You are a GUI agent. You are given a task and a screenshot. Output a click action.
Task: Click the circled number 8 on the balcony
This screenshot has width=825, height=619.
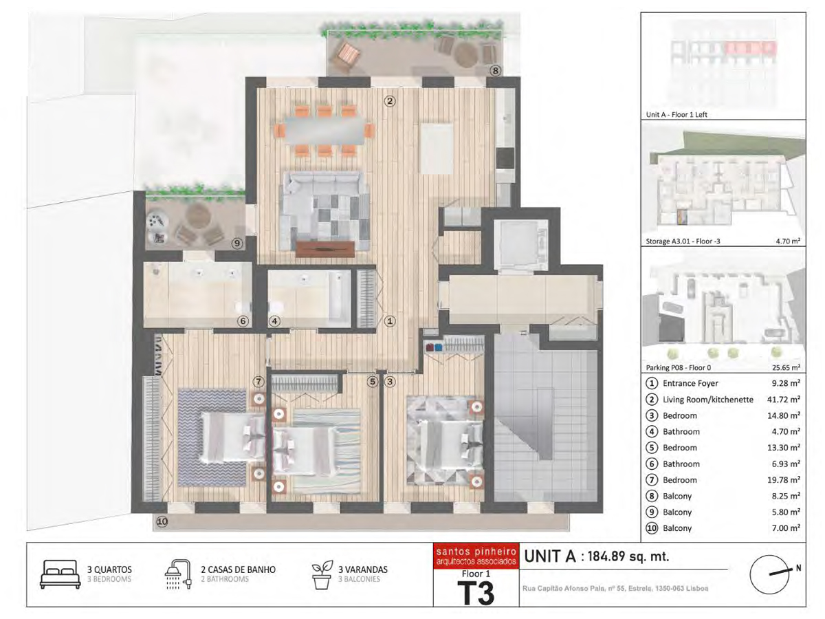pyautogui.click(x=496, y=70)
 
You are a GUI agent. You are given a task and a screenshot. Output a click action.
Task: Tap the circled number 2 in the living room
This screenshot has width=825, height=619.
pyautogui.click(x=389, y=100)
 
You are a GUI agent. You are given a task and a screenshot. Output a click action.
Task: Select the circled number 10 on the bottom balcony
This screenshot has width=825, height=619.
pyautogui.click(x=162, y=521)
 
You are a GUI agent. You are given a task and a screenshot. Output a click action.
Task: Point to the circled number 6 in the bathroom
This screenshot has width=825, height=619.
pyautogui.click(x=243, y=321)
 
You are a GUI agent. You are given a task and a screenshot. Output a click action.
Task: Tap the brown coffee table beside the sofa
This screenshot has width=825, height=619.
pyautogui.click(x=324, y=249)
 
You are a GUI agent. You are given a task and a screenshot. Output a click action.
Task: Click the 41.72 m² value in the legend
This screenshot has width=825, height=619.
pyautogui.click(x=783, y=399)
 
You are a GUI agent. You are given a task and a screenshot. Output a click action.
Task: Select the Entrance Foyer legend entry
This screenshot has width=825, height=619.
pyautogui.click(x=690, y=383)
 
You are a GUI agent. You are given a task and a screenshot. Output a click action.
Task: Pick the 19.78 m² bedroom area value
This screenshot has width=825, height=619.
pyautogui.click(x=783, y=479)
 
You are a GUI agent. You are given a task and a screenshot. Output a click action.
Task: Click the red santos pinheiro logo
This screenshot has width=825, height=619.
pyautogui.click(x=476, y=556)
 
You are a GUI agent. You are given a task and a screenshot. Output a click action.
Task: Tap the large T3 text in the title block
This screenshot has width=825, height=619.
pyautogui.click(x=476, y=594)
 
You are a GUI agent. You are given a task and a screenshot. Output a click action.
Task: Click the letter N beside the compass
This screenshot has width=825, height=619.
pyautogui.click(x=798, y=568)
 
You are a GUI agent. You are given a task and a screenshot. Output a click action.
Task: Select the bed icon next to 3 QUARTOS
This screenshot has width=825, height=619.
pyautogui.click(x=60, y=574)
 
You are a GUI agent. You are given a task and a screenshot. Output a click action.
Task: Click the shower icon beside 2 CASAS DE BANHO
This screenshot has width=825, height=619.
pyautogui.click(x=178, y=575)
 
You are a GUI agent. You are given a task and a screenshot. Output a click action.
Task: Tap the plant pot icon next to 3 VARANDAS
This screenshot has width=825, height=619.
pyautogui.click(x=322, y=575)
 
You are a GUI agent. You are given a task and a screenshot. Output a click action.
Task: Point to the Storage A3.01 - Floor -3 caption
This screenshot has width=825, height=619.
pyautogui.click(x=683, y=241)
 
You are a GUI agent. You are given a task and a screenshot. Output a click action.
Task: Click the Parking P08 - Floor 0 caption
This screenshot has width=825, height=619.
pyautogui.click(x=679, y=367)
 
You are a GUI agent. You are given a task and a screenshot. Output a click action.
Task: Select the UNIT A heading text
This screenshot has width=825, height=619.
pyautogui.click(x=550, y=556)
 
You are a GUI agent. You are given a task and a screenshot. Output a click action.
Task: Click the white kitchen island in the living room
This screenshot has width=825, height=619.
pyautogui.click(x=437, y=149)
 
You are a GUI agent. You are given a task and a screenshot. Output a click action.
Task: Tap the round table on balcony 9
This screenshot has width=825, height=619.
pyautogui.click(x=197, y=215)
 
